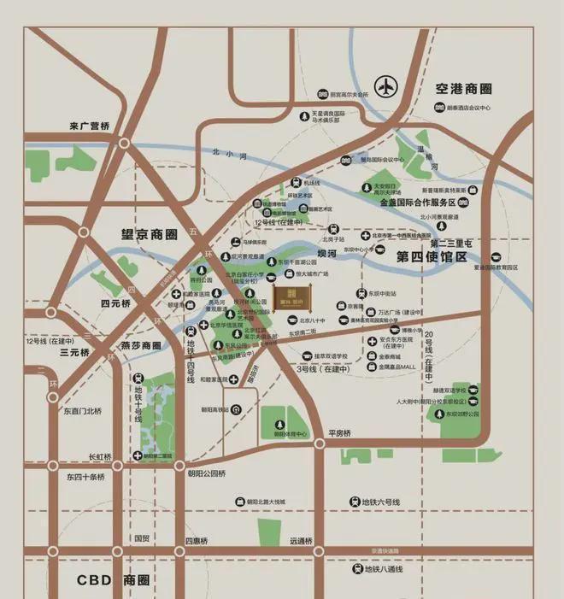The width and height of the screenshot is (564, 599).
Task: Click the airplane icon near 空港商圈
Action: pyautogui.click(x=387, y=87)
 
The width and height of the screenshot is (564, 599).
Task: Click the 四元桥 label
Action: pyautogui.click(x=115, y=303)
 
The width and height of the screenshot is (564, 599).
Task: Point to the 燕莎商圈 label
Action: pyautogui.click(x=139, y=346)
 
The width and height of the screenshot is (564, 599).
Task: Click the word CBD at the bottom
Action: pyautogui.click(x=94, y=580)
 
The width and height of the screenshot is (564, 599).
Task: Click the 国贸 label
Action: pyautogui.click(x=141, y=539)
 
